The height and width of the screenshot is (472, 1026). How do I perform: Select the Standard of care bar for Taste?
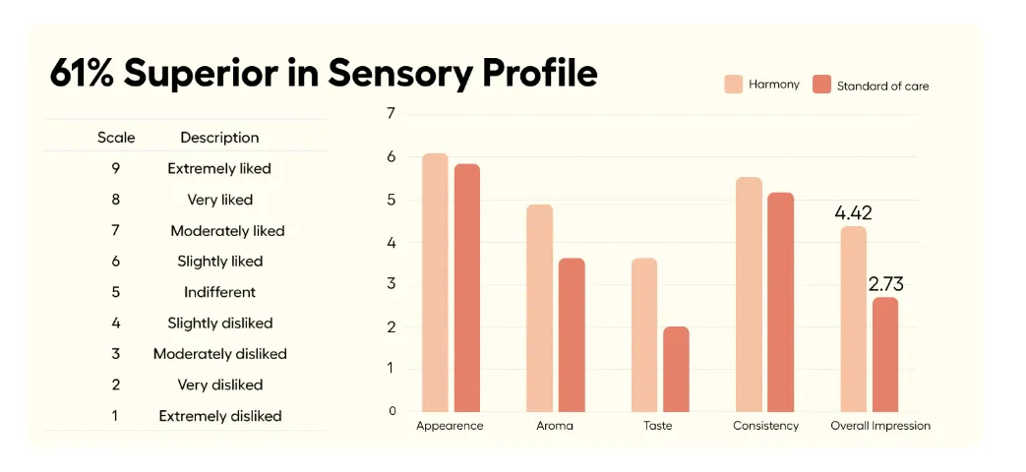coord(676,369)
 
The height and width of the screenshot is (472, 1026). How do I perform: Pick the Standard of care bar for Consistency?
coord(780,302)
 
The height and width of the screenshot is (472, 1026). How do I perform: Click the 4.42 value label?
coord(853,212)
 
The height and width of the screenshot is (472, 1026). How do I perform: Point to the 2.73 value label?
coord(885,284)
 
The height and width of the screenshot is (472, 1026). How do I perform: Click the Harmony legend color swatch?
coord(733,85)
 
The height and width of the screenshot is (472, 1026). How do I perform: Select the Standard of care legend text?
coord(882,86)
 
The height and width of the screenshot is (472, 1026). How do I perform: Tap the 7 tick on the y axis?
coord(391,113)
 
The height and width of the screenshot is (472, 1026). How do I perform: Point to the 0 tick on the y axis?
coord(391,411)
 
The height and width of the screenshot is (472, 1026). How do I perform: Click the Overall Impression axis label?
coord(880,426)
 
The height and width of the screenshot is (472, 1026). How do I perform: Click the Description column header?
coord(219,138)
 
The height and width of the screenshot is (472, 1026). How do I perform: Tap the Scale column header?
coord(116,138)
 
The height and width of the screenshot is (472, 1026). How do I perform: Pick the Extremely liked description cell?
coord(219,168)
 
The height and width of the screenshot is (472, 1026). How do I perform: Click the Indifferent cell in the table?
coord(219,292)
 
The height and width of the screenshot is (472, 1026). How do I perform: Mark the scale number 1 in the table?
coord(115,416)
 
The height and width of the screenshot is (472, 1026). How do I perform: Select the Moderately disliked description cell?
coord(219,354)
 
